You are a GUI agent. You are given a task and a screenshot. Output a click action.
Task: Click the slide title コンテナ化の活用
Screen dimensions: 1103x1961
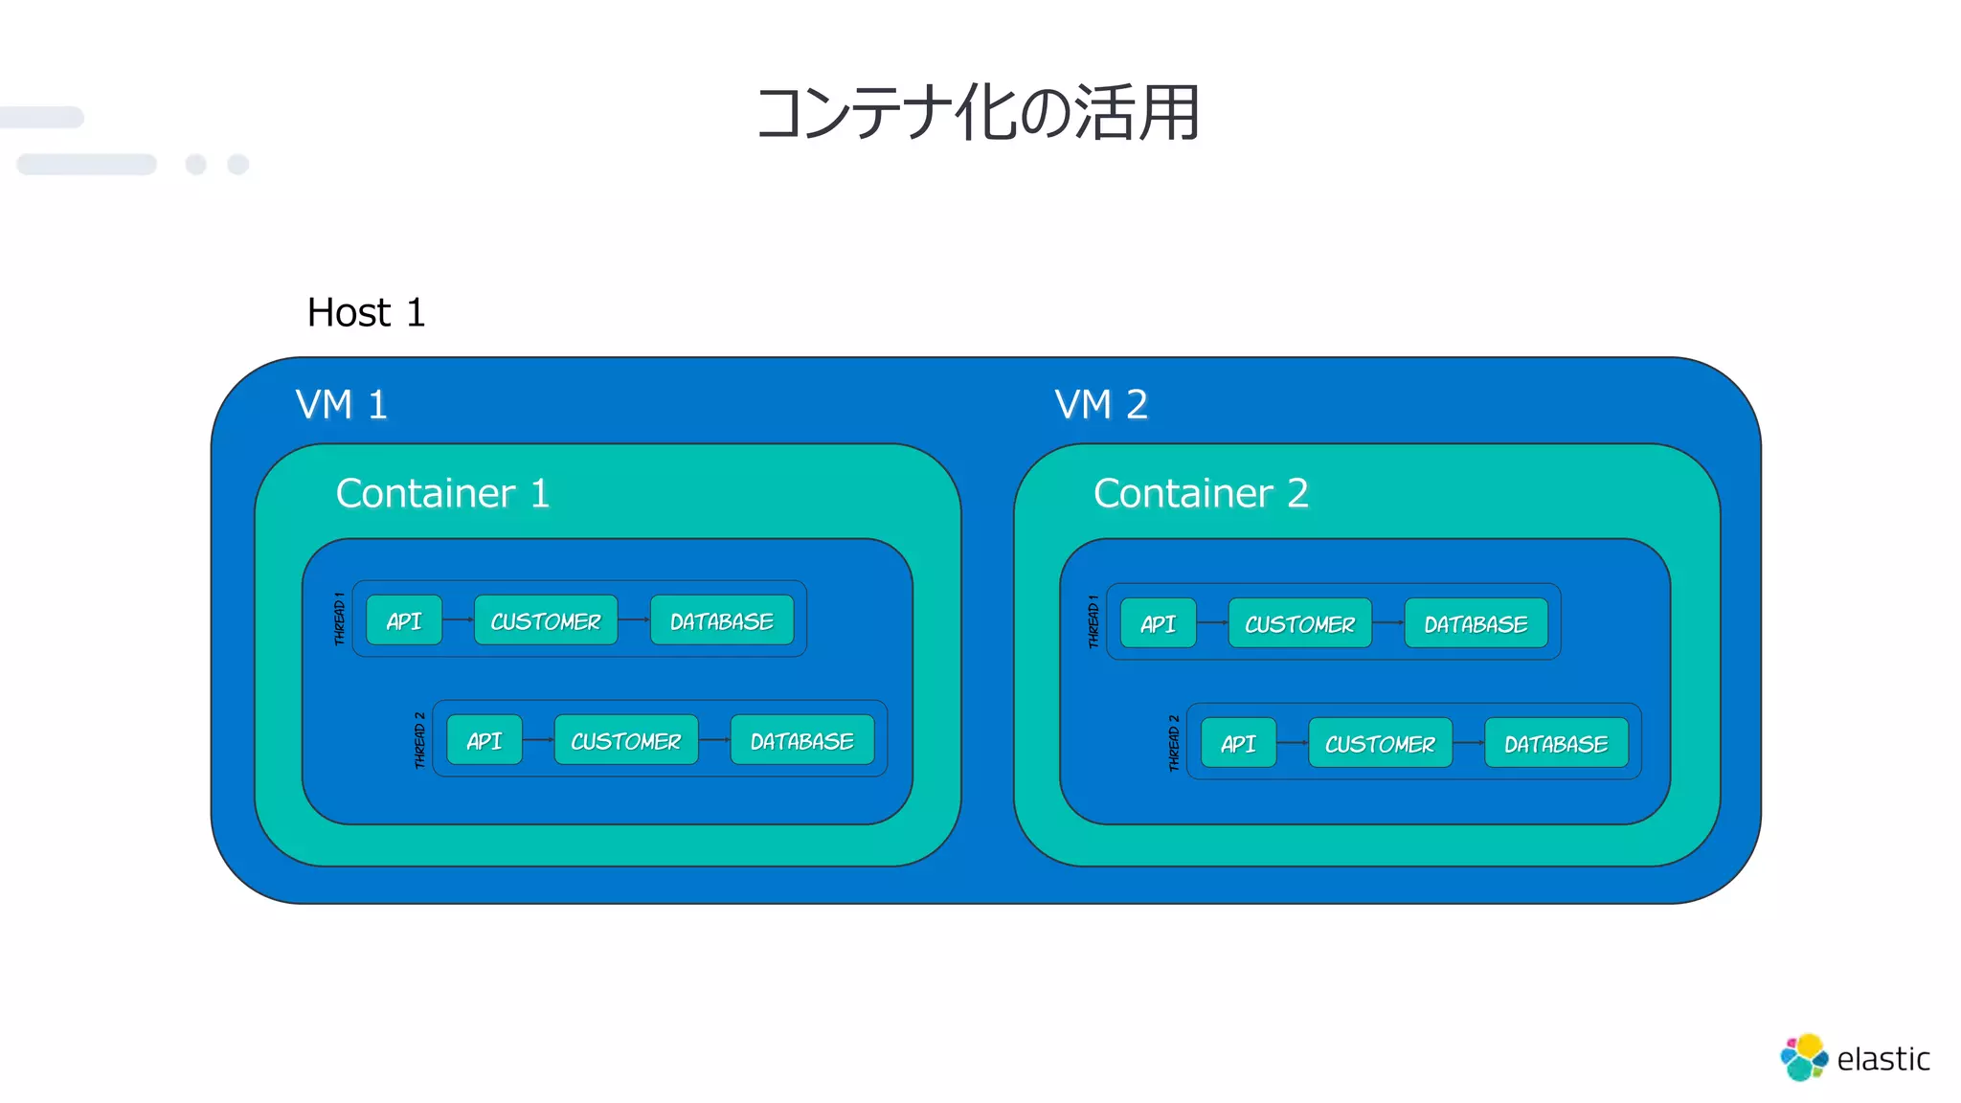click(x=978, y=113)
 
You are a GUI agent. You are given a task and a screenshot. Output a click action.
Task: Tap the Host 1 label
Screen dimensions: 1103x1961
click(x=366, y=313)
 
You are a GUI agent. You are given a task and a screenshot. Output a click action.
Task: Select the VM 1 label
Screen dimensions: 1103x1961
click(x=342, y=405)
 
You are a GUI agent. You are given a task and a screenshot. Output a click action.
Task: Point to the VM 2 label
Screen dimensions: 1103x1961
click(x=1101, y=405)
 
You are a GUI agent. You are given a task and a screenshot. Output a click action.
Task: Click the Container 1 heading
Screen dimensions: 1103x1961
click(x=442, y=494)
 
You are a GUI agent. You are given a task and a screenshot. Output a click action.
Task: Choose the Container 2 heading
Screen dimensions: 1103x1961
click(x=1201, y=494)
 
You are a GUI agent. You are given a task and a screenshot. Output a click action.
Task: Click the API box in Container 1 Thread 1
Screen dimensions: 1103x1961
click(x=404, y=620)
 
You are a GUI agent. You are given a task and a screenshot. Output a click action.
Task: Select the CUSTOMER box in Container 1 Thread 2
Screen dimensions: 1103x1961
click(x=626, y=740)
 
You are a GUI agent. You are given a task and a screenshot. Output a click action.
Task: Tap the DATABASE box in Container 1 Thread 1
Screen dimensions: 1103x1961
click(x=722, y=620)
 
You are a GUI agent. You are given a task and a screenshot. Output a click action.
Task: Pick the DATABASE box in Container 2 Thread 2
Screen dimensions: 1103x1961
click(x=1556, y=743)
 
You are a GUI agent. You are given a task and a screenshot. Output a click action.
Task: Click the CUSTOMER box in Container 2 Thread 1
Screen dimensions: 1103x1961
click(x=1299, y=623)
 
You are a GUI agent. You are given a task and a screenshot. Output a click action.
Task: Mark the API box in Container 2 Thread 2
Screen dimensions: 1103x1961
click(x=1238, y=743)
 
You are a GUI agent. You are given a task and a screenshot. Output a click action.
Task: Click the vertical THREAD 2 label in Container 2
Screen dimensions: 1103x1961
click(x=1174, y=742)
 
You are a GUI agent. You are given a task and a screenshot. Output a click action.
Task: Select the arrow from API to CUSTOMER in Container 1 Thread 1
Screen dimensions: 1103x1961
click(x=458, y=620)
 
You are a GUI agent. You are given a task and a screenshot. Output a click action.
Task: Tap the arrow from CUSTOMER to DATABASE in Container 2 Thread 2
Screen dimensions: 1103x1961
click(x=1468, y=743)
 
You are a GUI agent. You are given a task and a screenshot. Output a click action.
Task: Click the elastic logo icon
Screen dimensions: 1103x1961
click(x=1803, y=1057)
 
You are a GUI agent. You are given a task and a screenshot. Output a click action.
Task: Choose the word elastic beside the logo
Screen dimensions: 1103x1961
click(x=1882, y=1059)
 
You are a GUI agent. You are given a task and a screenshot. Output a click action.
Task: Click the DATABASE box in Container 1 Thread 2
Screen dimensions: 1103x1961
click(x=802, y=740)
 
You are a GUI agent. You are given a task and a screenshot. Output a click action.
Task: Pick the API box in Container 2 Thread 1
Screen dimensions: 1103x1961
click(x=1158, y=623)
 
